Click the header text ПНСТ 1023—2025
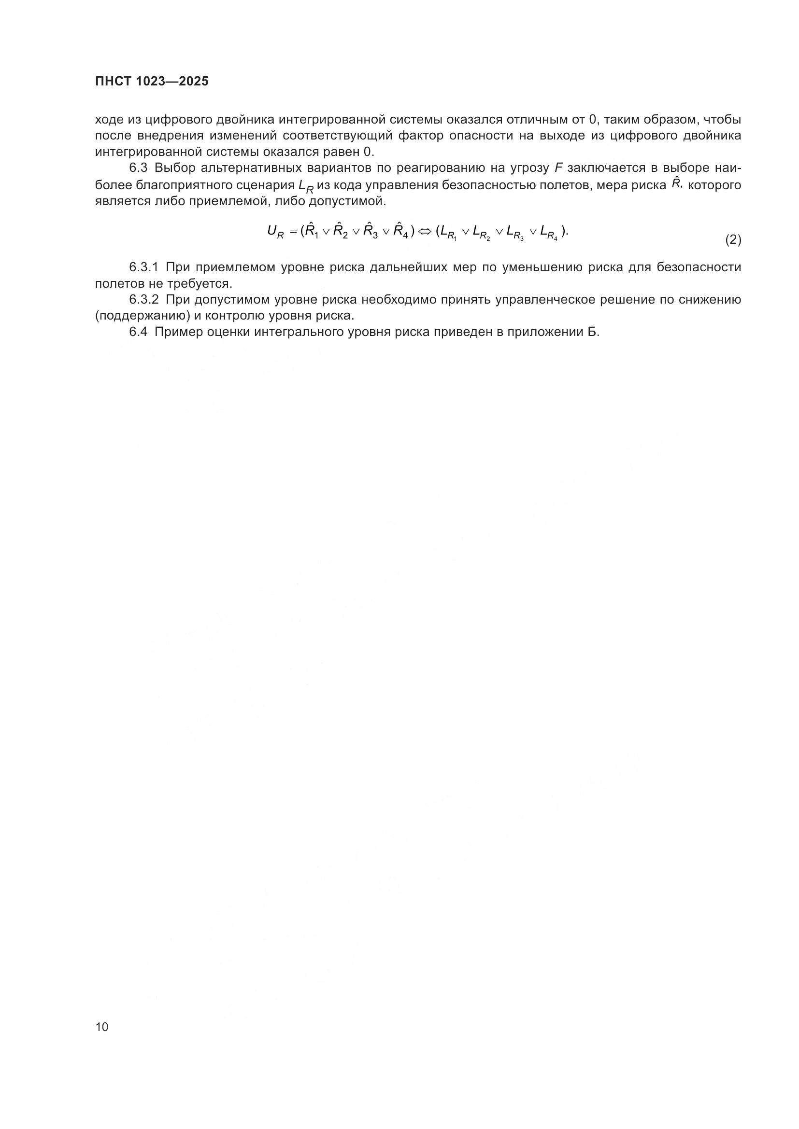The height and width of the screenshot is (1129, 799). click(x=152, y=82)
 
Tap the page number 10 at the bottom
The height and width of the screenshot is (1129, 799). click(x=102, y=1027)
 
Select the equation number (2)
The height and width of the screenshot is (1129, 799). click(x=733, y=239)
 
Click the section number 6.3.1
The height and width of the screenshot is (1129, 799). click(x=143, y=267)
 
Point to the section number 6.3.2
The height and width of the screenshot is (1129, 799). click(x=143, y=299)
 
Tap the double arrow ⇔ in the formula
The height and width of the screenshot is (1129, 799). click(x=424, y=231)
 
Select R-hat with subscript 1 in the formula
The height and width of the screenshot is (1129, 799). click(x=312, y=230)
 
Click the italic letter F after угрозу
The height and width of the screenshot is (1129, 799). click(x=558, y=168)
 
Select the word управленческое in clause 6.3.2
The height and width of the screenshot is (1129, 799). click(x=544, y=299)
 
